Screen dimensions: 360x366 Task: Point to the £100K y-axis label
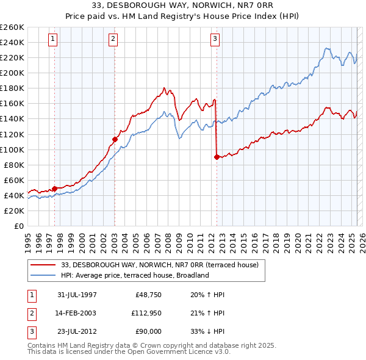coord(12,149)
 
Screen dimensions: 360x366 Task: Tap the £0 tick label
coord(18,226)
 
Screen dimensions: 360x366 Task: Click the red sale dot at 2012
coord(217,157)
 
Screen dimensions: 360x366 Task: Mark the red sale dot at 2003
coord(115,139)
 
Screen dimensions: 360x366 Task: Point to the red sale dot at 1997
coord(55,189)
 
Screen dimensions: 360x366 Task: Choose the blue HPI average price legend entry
coord(135,275)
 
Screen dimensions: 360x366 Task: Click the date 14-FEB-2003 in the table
coord(77,313)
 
